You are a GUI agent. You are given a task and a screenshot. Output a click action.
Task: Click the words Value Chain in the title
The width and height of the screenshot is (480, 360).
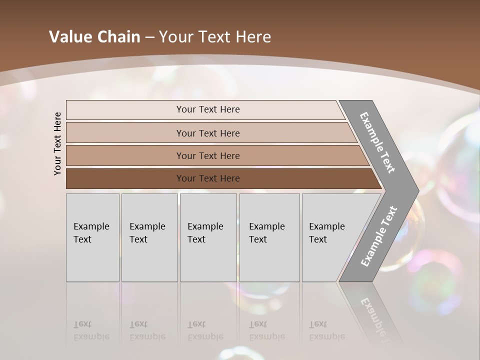[x=94, y=37]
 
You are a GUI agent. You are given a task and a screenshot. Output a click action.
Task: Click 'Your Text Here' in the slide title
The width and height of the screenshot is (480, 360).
[x=215, y=37]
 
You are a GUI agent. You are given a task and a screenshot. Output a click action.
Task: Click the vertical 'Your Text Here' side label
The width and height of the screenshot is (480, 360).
[x=57, y=143]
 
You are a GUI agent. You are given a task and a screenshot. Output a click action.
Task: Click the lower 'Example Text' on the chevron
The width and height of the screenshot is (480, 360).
[x=378, y=236]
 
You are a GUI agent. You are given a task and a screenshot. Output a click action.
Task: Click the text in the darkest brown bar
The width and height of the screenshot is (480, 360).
[x=208, y=178]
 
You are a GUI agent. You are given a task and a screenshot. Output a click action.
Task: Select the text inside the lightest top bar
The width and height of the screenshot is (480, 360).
[x=208, y=109]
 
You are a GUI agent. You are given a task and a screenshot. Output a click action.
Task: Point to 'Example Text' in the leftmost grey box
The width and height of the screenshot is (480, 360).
[x=91, y=233]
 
